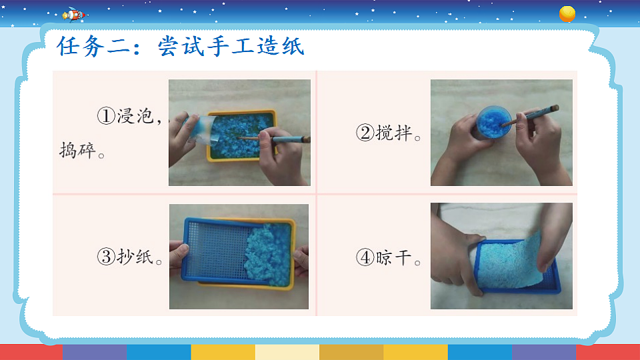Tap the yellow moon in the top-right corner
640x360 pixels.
(x=567, y=13)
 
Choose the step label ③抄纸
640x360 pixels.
(x=130, y=257)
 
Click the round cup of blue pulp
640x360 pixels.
(x=492, y=122)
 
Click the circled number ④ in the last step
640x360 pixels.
(x=365, y=257)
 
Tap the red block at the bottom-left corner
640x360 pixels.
(x=31, y=352)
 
